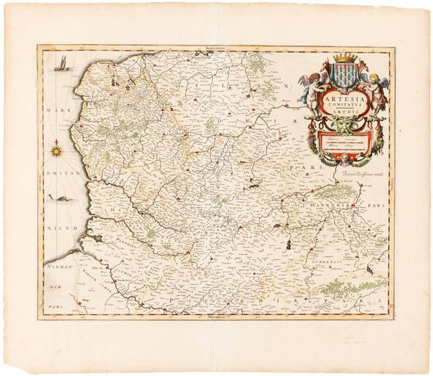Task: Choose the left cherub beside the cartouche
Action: [313, 87]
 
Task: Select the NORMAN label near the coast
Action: [57, 266]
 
